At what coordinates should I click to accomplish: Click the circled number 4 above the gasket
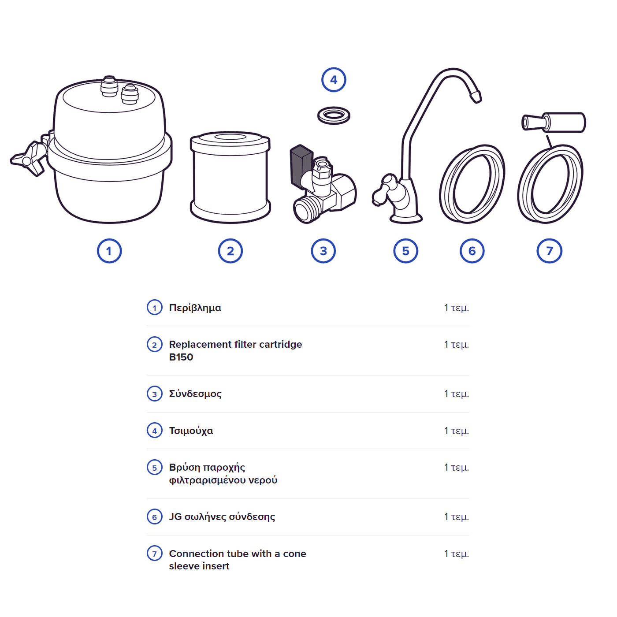pos(334,80)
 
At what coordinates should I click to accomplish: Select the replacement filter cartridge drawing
pos(230,177)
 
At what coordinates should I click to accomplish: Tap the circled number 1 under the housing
pos(109,251)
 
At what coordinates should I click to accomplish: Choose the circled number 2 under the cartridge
pos(230,251)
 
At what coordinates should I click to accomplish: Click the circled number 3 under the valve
pos(323,251)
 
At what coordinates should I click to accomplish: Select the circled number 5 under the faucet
pos(405,251)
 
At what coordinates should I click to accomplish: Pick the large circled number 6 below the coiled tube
pos(472,251)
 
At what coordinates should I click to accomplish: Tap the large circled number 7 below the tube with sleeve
pos(550,251)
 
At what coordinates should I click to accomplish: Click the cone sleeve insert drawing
pos(554,123)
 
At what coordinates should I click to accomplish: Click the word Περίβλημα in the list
pos(195,308)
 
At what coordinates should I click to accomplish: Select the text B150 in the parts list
pos(181,357)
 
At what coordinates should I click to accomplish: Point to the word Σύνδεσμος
pos(195,394)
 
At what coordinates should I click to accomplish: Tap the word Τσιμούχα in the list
pos(191,431)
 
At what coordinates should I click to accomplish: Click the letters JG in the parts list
pos(175,517)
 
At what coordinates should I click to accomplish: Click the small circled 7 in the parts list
pos(155,554)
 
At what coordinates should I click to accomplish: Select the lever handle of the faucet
pos(384,190)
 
